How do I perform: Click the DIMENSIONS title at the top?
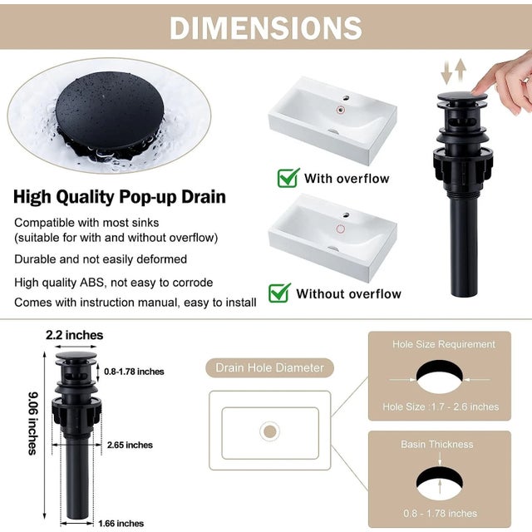point(266,27)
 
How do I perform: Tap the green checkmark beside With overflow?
point(288,177)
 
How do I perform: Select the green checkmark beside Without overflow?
point(279,292)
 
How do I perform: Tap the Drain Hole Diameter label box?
point(270,367)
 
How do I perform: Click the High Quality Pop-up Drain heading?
point(119,198)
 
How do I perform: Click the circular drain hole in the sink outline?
point(269,431)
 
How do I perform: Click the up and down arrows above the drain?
point(453,71)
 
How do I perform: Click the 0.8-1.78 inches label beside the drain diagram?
point(134,371)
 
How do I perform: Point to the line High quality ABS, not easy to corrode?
point(113,283)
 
